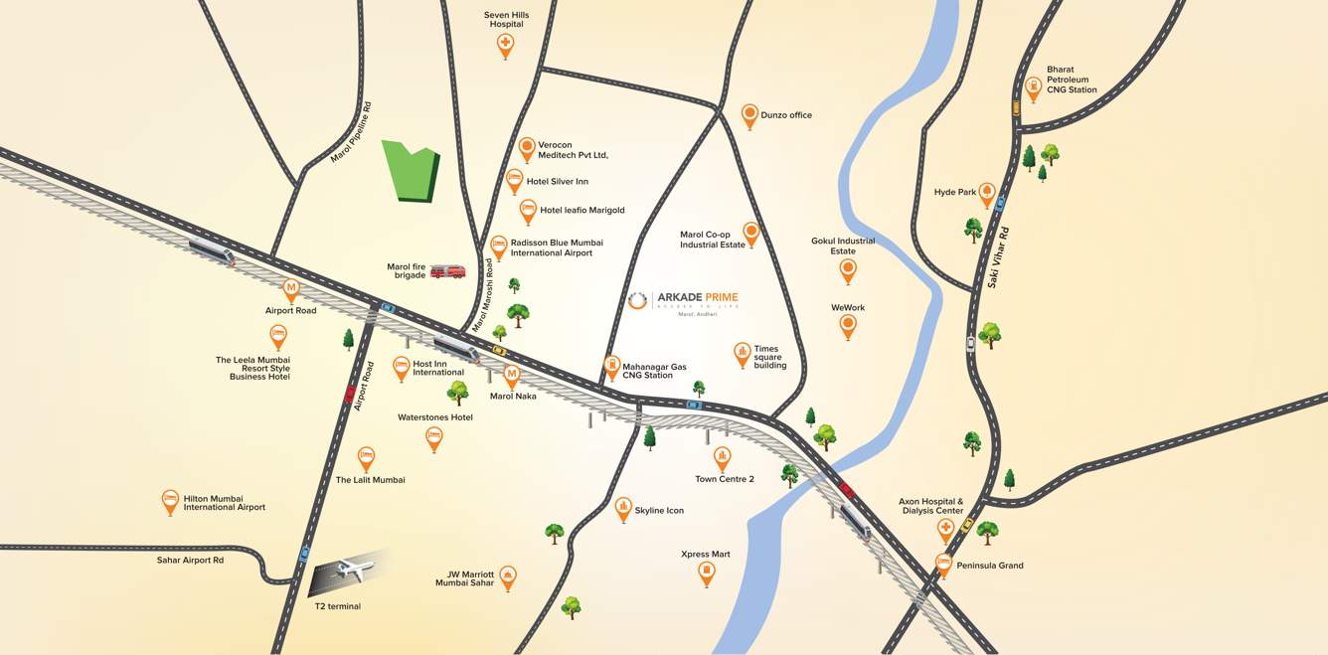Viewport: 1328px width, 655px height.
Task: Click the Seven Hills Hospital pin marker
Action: pyautogui.click(x=505, y=45)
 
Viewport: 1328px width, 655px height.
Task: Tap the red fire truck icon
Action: pyautogui.click(x=447, y=271)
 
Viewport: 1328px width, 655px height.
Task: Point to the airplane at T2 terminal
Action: pyautogui.click(x=353, y=571)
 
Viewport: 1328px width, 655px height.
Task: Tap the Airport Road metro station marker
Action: pyautogui.click(x=291, y=289)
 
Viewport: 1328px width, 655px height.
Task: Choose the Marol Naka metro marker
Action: pyautogui.click(x=512, y=375)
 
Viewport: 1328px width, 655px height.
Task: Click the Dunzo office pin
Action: pyautogui.click(x=749, y=114)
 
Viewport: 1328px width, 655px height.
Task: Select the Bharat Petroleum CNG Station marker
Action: pyautogui.click(x=1033, y=87)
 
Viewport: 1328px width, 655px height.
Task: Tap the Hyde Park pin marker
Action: pyautogui.click(x=987, y=193)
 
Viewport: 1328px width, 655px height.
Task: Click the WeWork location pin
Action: pyautogui.click(x=848, y=325)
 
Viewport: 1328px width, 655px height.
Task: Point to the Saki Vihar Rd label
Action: pyautogui.click(x=1000, y=256)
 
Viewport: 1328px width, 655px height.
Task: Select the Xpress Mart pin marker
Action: pyautogui.click(x=706, y=573)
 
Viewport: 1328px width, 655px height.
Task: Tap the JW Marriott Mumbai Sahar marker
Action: pyautogui.click(x=508, y=576)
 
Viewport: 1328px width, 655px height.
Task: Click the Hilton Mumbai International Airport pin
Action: pyautogui.click(x=170, y=501)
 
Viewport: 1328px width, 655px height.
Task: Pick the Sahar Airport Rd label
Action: pyautogui.click(x=190, y=561)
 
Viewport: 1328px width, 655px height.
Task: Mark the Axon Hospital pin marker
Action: pyautogui.click(x=945, y=530)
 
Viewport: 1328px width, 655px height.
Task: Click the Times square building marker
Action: pyautogui.click(x=742, y=354)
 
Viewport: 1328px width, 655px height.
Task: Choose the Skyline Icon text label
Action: pyautogui.click(x=659, y=511)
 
